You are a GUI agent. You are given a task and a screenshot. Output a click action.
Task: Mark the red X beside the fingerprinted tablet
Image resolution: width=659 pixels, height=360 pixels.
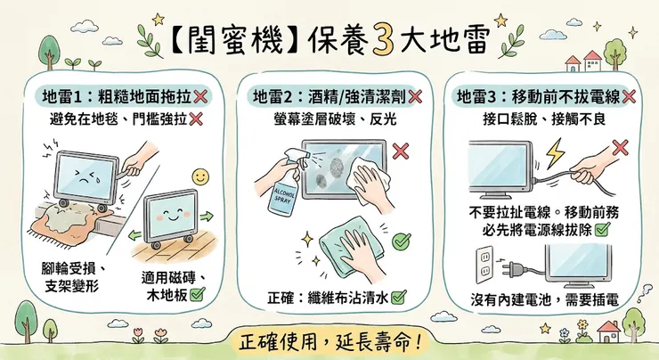click(x=400, y=150)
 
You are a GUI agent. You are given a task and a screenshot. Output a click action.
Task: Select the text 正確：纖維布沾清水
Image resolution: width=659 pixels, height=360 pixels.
click(x=334, y=297)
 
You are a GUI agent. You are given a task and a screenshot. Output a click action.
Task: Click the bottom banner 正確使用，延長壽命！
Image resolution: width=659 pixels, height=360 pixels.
click(x=329, y=339)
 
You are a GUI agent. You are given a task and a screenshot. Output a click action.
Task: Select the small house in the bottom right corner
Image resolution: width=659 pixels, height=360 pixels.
click(x=609, y=331)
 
